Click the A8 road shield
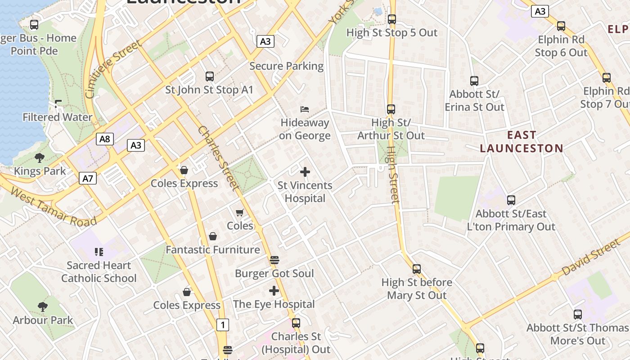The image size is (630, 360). click(x=104, y=139)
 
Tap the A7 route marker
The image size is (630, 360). click(x=88, y=178)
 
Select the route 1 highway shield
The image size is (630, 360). click(x=222, y=324)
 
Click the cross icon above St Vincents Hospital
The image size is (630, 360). click(x=305, y=172)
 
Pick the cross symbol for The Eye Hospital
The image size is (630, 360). click(x=274, y=291)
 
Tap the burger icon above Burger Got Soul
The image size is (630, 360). click(x=274, y=260)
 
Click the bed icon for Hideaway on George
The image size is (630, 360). click(x=305, y=109)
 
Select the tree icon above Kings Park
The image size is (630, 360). click(x=40, y=157)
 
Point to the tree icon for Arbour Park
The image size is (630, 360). click(x=43, y=307)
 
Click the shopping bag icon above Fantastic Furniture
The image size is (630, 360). click(x=213, y=236)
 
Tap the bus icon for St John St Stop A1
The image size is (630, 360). click(x=209, y=76)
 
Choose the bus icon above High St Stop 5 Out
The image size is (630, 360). click(x=391, y=19)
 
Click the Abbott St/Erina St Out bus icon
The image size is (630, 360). click(x=474, y=81)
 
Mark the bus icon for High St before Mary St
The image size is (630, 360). click(x=417, y=269)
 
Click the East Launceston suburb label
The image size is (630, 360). click(x=521, y=141)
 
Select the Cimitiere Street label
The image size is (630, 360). click(x=113, y=69)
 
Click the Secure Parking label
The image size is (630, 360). click(x=286, y=66)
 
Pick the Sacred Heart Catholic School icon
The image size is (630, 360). click(x=99, y=252)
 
